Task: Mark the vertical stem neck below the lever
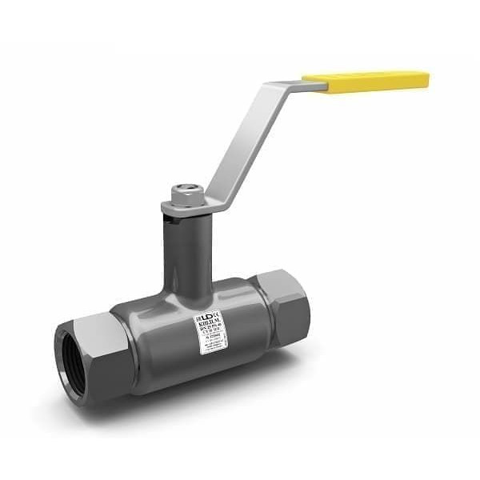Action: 186,248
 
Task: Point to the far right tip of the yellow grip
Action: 426,79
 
